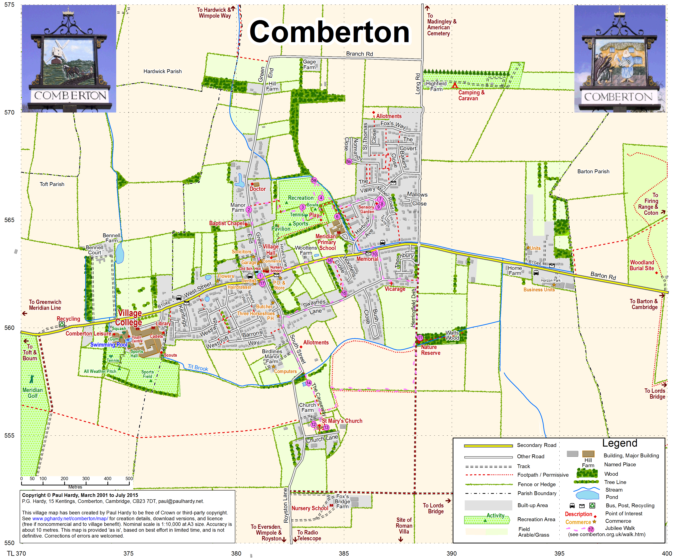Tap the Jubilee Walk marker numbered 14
click(308, 383)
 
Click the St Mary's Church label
click(342, 421)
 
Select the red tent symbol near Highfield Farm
click(455, 85)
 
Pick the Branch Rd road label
click(359, 54)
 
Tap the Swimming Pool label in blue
click(109, 344)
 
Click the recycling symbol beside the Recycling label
click(61, 324)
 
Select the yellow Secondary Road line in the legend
click(488, 445)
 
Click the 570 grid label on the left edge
click(9, 113)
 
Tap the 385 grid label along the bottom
click(344, 553)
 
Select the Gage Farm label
click(309, 64)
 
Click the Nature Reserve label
click(430, 350)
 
